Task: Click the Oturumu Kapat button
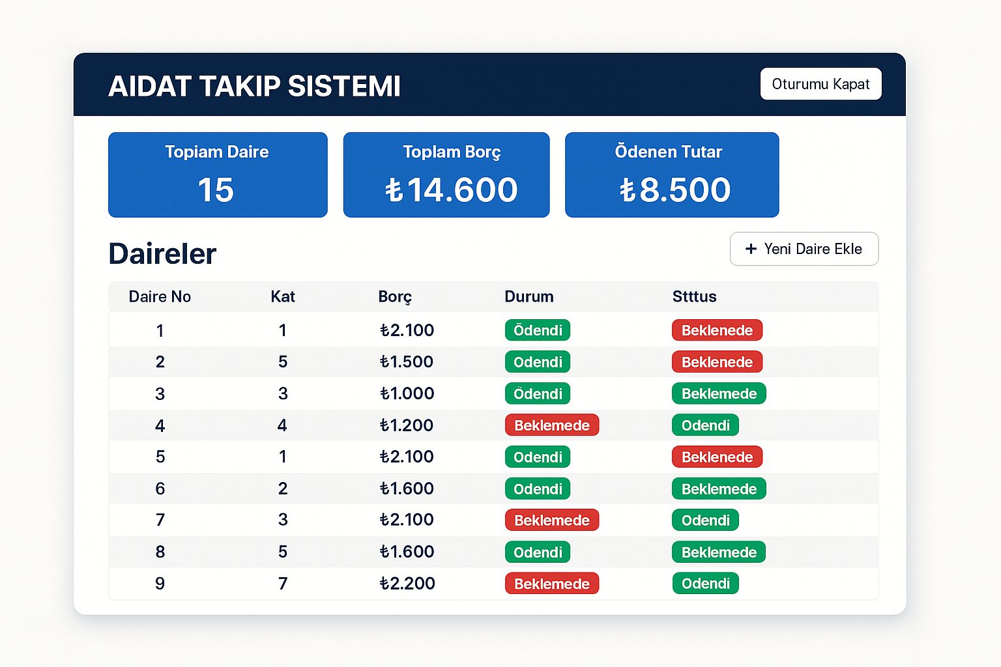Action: point(820,84)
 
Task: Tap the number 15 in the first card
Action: point(216,190)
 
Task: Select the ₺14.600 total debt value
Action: point(451,190)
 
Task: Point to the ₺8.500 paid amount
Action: point(675,190)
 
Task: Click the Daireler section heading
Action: point(162,254)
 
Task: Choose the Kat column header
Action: point(283,297)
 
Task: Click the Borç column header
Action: point(395,297)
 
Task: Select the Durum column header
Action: point(529,297)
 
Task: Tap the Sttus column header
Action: point(694,297)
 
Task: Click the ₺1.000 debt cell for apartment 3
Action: point(407,393)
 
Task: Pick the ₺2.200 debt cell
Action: point(407,584)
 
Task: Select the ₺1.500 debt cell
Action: point(407,362)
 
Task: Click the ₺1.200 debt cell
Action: point(407,425)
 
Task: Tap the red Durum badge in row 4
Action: point(551,425)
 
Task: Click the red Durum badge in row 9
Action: point(551,584)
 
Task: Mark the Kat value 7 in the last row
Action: point(283,584)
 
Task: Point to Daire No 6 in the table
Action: point(160,489)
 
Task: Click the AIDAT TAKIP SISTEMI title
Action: point(254,87)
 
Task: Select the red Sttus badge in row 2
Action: point(717,362)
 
